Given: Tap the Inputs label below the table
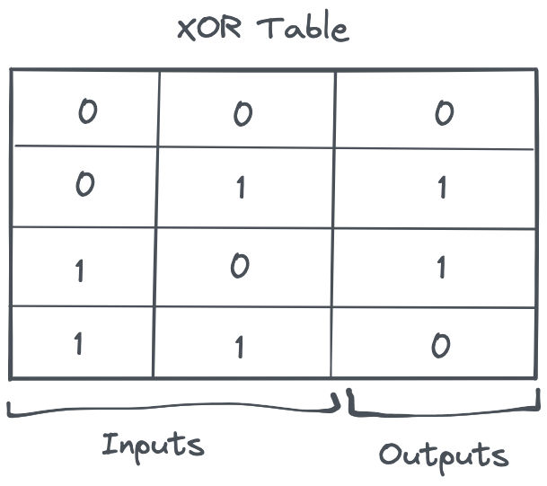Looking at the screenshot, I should [153, 445].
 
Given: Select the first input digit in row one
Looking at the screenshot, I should [87, 112].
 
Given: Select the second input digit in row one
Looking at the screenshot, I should [242, 114].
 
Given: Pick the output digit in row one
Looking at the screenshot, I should [443, 114].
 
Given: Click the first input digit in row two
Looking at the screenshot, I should [84, 185].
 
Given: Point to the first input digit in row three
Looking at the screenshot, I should [81, 270].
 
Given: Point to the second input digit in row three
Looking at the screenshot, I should [239, 267].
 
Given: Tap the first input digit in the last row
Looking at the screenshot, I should [78, 344].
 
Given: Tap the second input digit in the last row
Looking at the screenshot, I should [239, 348].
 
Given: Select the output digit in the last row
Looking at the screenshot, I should [440, 346].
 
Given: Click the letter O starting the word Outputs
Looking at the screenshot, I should [389, 454].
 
